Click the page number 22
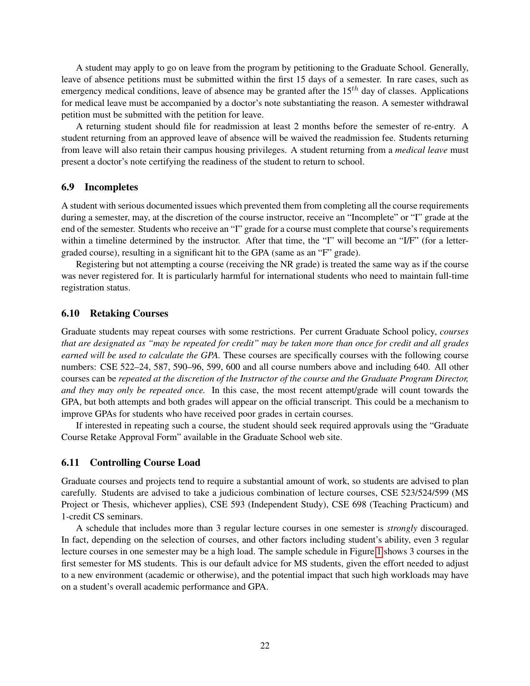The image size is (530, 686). (x=265, y=645)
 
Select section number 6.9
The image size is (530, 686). (x=68, y=187)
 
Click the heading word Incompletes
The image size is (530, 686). (x=111, y=187)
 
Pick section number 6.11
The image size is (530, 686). (x=70, y=462)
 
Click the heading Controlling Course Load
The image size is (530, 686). (x=145, y=462)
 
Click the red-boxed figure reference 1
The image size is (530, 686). (x=379, y=552)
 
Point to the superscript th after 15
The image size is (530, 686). (x=356, y=89)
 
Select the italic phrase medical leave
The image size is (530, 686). (x=421, y=150)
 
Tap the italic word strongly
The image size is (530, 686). (x=402, y=528)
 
